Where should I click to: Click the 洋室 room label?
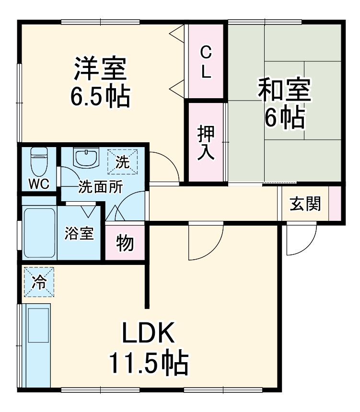[100, 70]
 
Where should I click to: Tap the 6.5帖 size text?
[100, 96]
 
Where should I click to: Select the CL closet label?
[206, 61]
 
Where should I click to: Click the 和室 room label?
[285, 89]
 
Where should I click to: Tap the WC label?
[38, 184]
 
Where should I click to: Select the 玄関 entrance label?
[305, 204]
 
